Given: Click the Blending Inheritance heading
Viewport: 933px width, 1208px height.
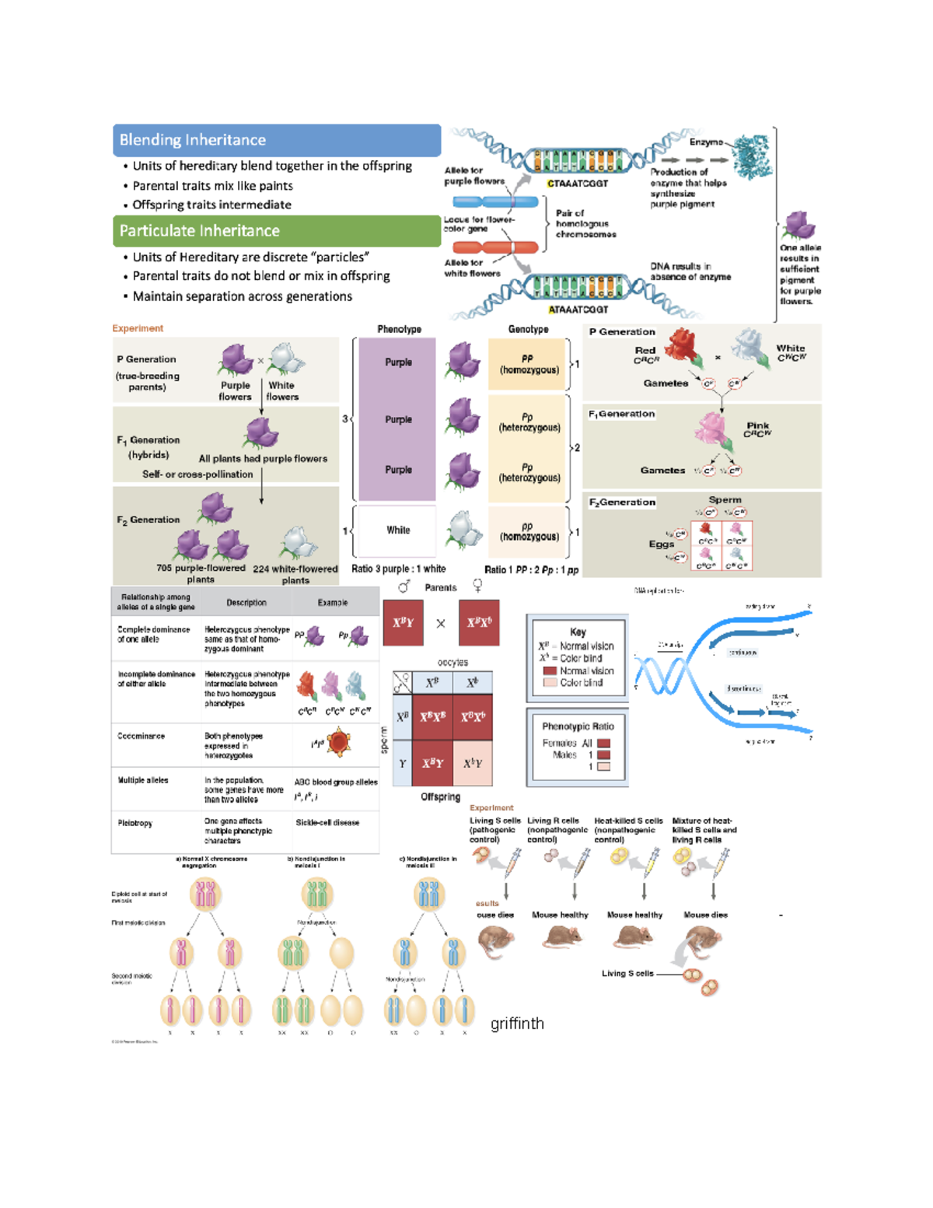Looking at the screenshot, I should [x=193, y=140].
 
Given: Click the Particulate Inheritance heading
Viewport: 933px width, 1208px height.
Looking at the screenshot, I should [x=199, y=231].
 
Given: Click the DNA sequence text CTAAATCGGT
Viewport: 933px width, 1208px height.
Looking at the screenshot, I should [x=577, y=184].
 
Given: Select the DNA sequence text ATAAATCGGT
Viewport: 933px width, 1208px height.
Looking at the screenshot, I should [x=578, y=310].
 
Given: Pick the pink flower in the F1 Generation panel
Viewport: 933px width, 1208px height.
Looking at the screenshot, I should [x=712, y=432].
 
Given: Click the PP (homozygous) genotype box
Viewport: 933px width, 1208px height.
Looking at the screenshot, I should [x=528, y=364].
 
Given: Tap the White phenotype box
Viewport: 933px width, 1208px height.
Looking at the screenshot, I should [x=397, y=530].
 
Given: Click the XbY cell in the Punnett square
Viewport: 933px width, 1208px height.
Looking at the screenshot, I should [x=473, y=764].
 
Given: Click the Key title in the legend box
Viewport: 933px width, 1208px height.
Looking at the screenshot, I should [x=578, y=632].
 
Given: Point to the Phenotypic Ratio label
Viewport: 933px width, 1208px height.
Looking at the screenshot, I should [x=578, y=727].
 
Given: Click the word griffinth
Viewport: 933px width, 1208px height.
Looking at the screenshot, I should [x=517, y=1024].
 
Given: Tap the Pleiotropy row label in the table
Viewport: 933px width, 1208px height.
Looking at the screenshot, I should [x=135, y=823].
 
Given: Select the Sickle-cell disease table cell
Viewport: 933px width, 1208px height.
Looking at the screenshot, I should [x=327, y=822].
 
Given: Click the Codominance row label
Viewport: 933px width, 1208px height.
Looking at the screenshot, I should [x=141, y=736].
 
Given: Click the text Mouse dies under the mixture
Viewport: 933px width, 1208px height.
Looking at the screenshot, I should [x=705, y=915].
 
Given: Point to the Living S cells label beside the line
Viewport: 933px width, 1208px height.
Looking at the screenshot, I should [x=627, y=973].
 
